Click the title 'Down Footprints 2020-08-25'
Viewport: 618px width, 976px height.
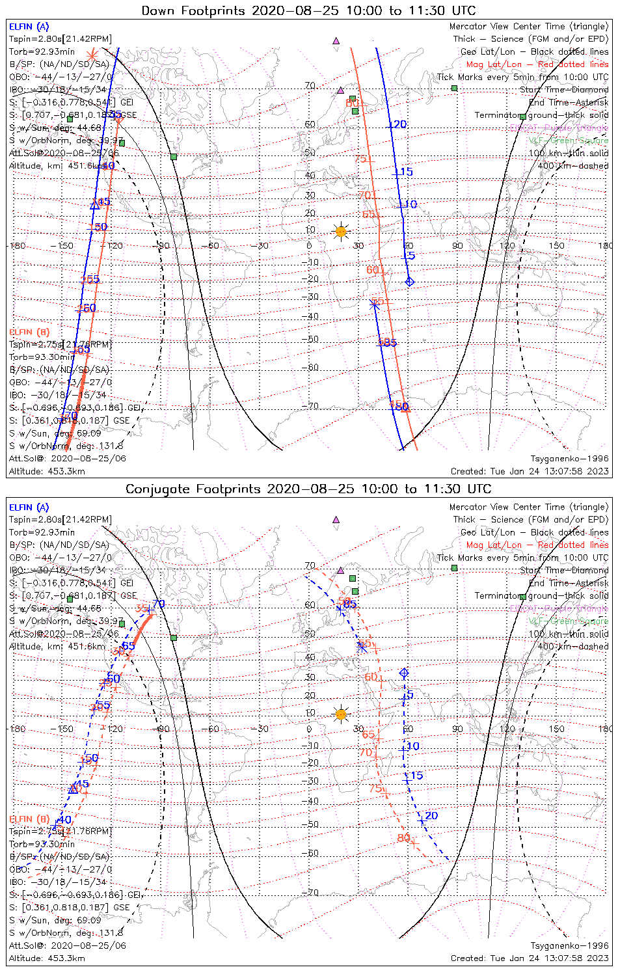point(308,11)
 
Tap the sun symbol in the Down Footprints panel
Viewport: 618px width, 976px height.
point(340,231)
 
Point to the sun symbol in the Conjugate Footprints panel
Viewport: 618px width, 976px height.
point(340,714)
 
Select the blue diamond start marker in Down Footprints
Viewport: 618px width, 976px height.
point(409,281)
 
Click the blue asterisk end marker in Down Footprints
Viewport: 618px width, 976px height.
point(374,303)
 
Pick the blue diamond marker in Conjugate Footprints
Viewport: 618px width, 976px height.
point(404,672)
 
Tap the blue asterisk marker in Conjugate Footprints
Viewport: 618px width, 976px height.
point(362,646)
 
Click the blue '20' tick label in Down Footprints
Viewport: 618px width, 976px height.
point(398,125)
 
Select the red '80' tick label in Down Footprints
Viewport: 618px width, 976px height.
point(352,103)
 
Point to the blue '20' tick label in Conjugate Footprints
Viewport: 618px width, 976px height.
point(431,816)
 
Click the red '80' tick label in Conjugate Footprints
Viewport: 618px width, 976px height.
point(403,838)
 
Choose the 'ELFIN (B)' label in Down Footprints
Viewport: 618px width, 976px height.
point(29,332)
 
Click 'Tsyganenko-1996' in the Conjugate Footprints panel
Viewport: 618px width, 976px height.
point(569,945)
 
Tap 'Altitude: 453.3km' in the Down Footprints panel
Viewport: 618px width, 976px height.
point(47,471)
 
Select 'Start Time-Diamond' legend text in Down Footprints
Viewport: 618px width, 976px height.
point(564,90)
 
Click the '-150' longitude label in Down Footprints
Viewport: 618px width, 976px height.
point(65,246)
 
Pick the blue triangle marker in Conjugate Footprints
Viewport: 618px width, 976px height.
point(73,789)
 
